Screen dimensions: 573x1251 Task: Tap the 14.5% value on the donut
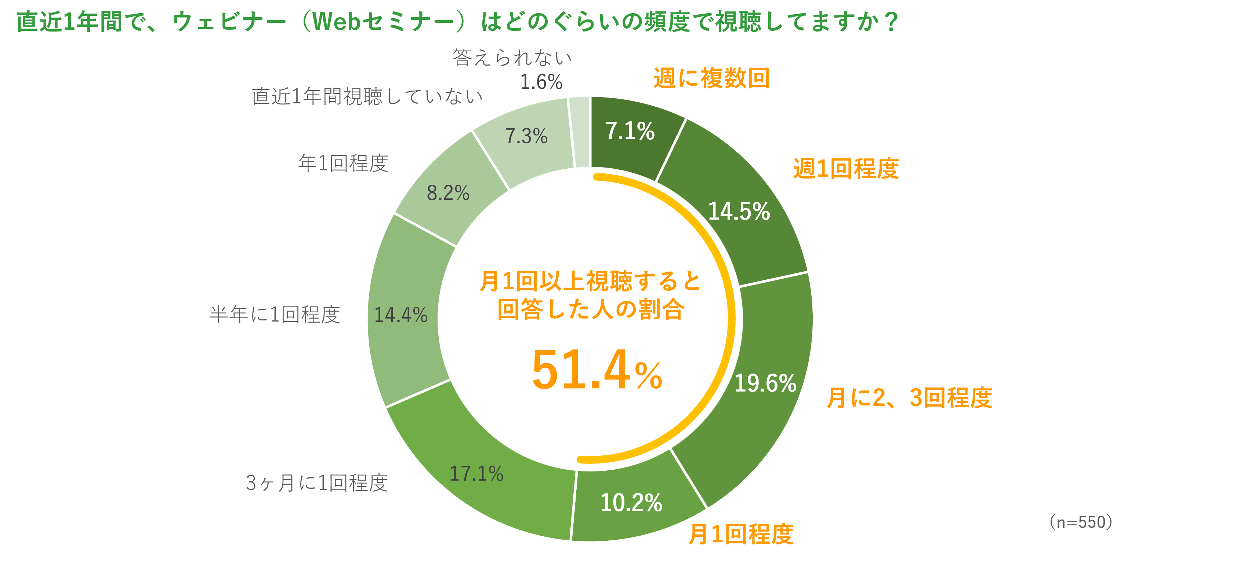pos(739,211)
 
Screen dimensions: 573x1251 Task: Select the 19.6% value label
pos(765,383)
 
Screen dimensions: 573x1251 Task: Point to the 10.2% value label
pos(631,503)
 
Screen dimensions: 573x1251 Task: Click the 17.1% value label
pos(476,474)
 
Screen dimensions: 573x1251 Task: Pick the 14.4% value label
pos(400,315)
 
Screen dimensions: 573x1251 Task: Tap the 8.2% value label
pos(448,193)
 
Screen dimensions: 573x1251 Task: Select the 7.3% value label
pos(526,136)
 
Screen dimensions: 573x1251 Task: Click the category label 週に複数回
pos(711,78)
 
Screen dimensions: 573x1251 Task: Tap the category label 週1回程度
pos(846,169)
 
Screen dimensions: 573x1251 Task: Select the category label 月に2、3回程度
pos(909,398)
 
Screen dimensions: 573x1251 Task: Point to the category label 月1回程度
pos(741,534)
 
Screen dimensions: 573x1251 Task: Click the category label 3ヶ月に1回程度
pos(317,483)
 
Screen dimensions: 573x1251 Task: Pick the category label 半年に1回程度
pos(275,315)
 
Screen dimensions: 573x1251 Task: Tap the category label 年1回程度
pos(343,163)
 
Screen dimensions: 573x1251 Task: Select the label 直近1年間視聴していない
pos(367,96)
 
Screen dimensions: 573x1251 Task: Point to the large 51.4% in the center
pos(597,370)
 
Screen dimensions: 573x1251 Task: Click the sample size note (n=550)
pos(1081,522)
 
